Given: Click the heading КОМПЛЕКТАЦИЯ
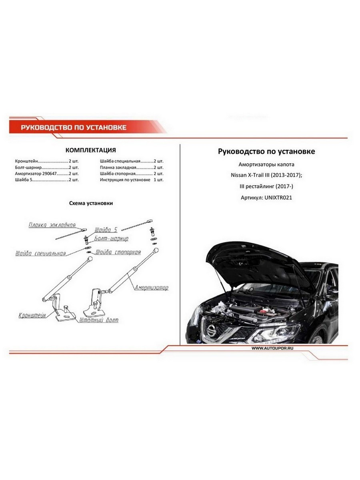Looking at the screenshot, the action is (90, 150).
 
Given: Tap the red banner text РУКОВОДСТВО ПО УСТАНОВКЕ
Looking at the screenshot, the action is (74, 128).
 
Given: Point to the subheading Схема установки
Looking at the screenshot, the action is (91, 203).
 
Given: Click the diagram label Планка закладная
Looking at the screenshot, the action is (52, 225).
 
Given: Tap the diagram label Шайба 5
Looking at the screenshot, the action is (106, 230).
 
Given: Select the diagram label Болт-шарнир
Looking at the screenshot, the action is (112, 239).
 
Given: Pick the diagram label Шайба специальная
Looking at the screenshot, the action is (40, 253).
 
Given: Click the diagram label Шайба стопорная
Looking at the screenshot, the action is (118, 252).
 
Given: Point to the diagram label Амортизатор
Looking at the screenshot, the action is (151, 288).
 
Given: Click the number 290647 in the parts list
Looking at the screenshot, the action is (49, 174).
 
